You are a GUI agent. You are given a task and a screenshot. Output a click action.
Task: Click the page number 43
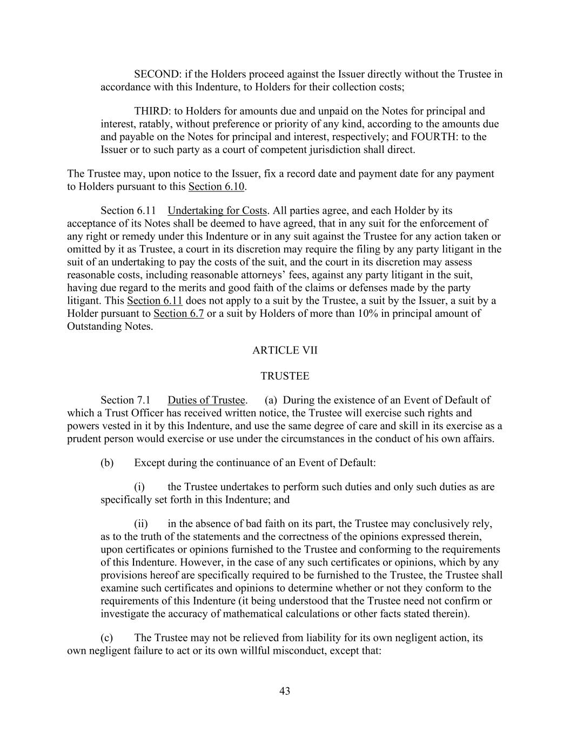tap(285, 691)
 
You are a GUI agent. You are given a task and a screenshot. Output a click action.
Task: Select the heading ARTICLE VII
tap(285, 350)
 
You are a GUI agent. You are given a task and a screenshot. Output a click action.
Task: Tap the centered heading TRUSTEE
tap(285, 376)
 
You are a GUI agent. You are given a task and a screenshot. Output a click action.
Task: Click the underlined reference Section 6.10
tap(216, 187)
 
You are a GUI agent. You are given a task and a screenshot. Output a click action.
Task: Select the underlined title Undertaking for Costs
tap(217, 211)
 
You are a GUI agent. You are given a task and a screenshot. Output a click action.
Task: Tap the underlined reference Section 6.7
tap(178, 314)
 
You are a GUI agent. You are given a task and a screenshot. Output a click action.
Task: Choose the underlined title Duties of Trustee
tap(206, 401)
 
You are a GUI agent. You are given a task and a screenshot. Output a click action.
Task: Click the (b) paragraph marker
tap(107, 463)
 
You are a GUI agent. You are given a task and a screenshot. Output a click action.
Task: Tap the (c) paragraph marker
tap(106, 638)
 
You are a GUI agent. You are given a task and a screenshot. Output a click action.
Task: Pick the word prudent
tap(84, 439)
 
